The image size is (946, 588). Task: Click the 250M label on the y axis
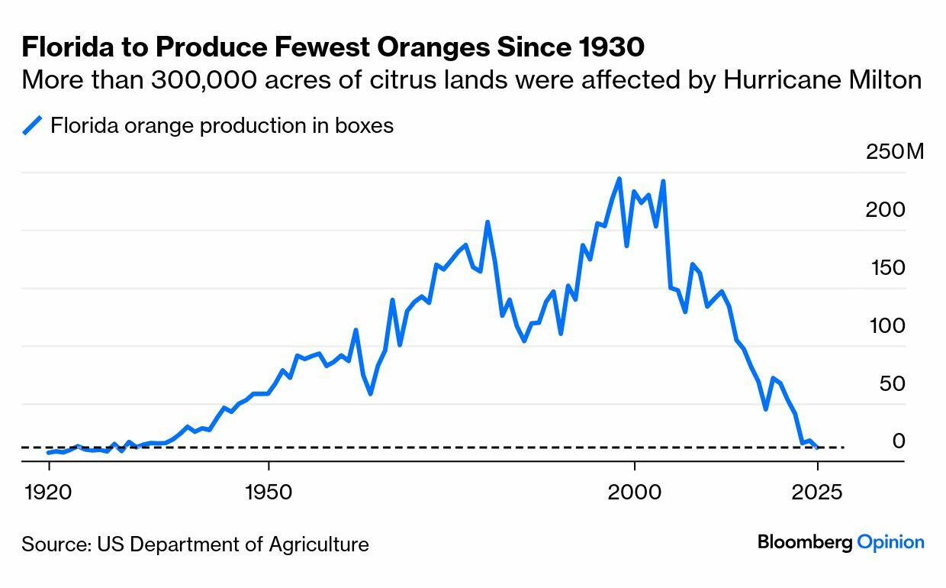[894, 151]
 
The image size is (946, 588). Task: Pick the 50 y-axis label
[892, 383]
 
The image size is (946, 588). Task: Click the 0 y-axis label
[899, 441]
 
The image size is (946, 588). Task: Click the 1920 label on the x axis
[48, 491]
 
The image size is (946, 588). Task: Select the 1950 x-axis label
[269, 491]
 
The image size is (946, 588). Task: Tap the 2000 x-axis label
[634, 491]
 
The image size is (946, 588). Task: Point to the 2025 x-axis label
[817, 491]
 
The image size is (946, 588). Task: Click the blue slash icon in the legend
[32, 125]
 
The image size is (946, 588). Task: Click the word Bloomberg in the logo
[804, 542]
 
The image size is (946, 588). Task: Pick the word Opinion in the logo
[890, 542]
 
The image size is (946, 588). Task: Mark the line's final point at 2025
[817, 447]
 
